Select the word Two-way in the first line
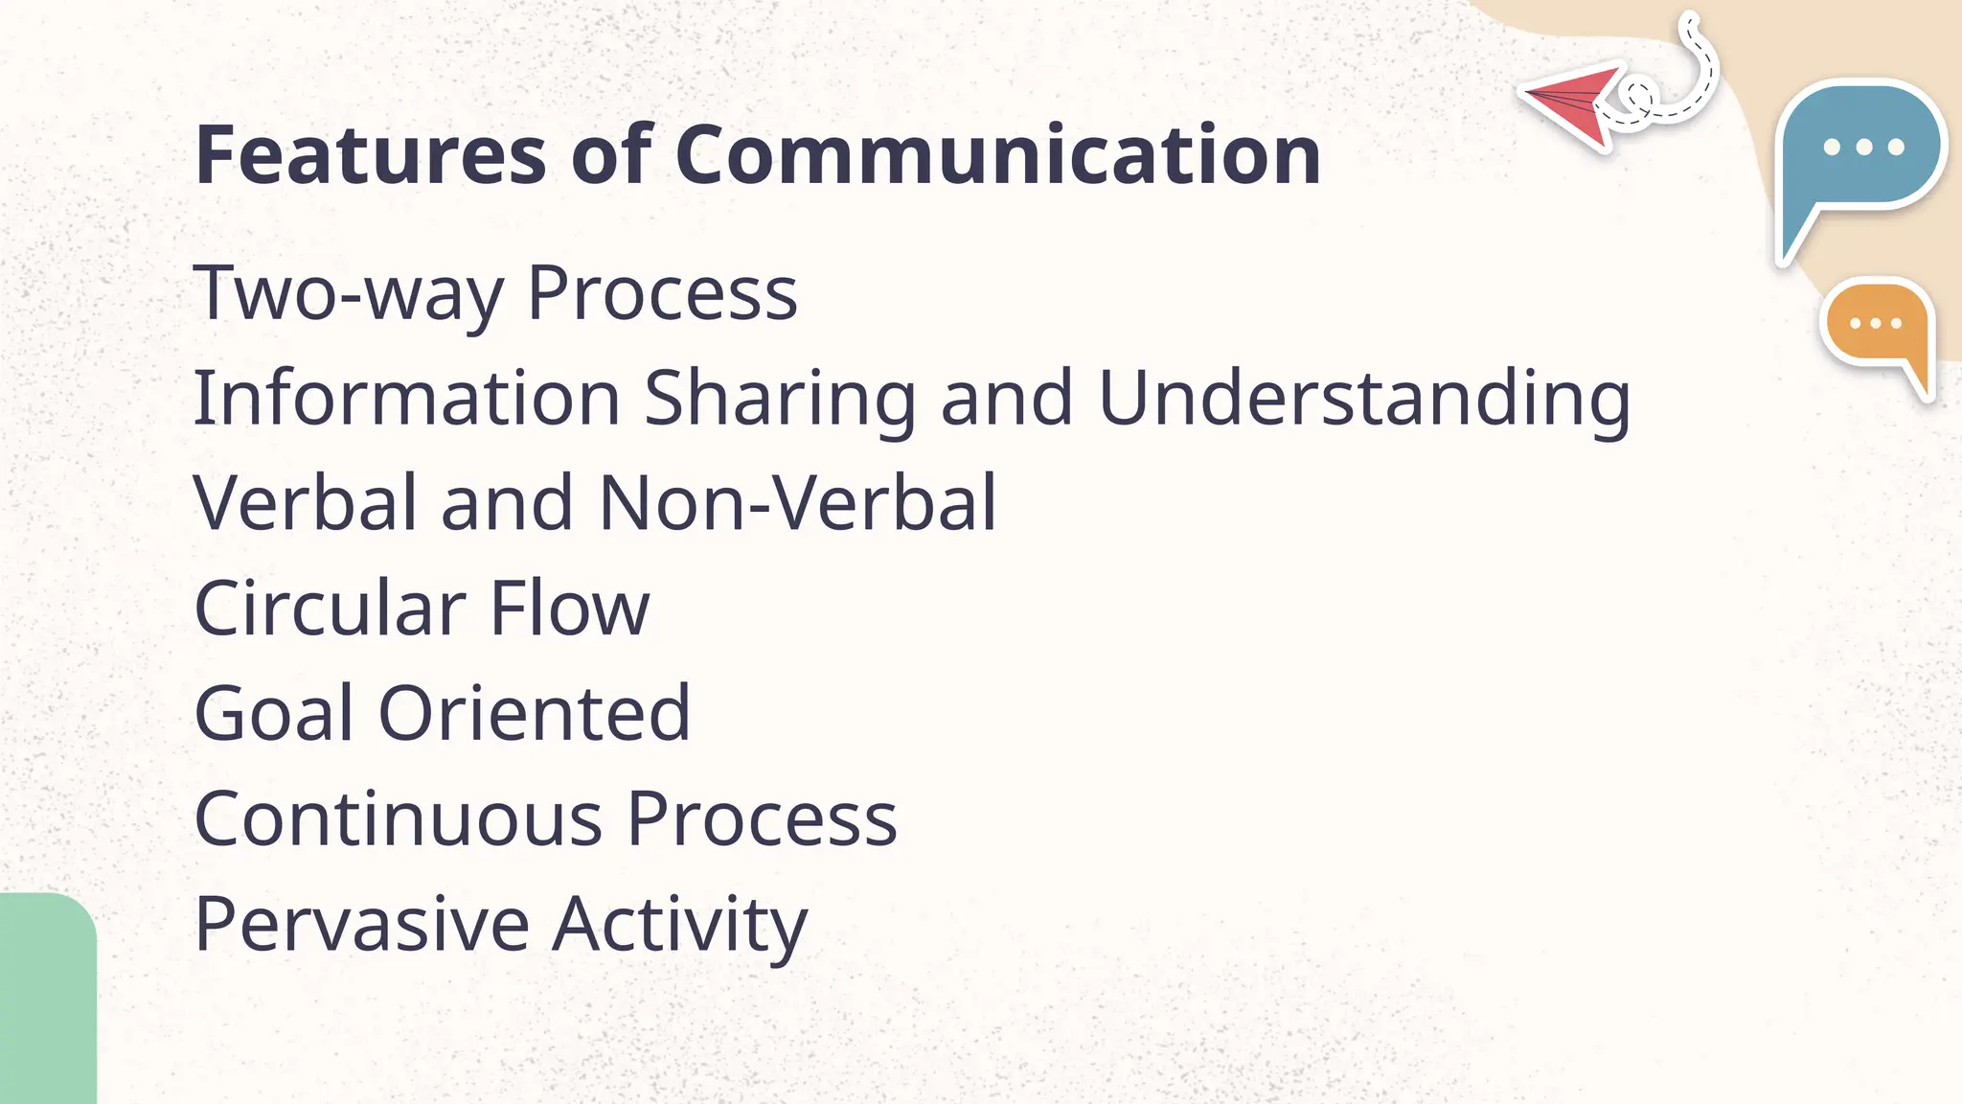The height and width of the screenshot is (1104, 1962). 348,293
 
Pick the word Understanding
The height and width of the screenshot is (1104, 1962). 1364,400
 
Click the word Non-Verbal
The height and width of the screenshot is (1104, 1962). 797,503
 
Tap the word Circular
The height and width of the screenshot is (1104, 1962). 330,609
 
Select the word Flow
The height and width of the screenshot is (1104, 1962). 569,609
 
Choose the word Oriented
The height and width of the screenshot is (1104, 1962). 535,714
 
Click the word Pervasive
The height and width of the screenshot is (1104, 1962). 361,925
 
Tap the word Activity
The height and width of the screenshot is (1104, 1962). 680,927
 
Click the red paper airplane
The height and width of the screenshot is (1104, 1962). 1571,103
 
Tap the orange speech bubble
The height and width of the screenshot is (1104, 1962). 1877,326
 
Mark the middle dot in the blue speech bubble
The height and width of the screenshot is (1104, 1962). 1863,147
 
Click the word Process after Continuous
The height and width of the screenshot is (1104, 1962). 762,819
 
